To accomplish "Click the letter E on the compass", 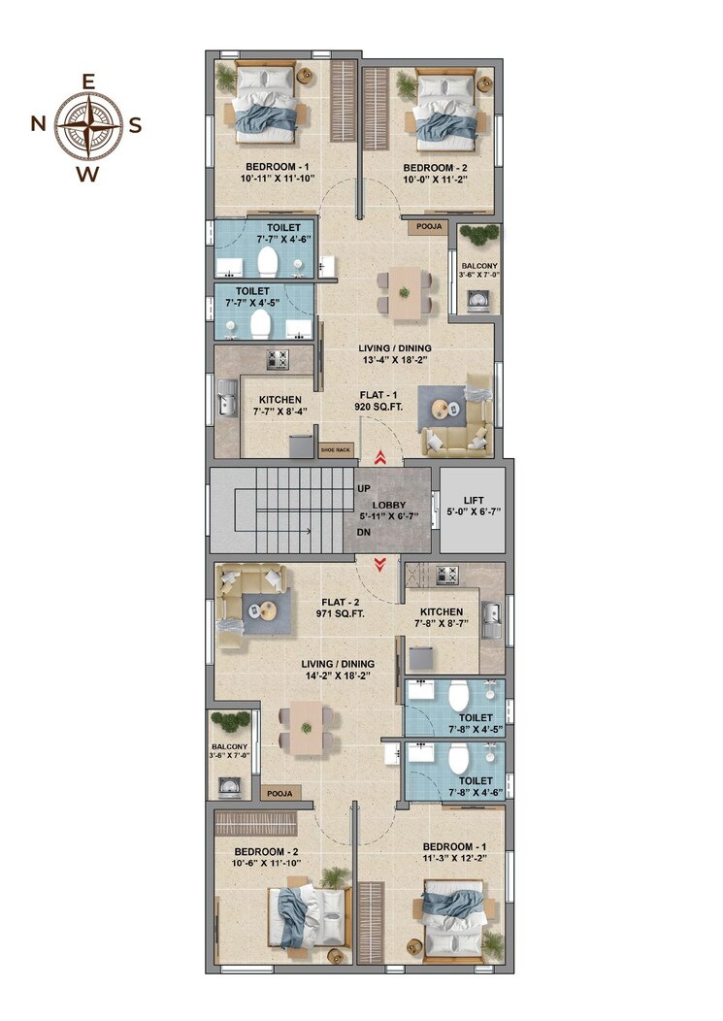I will pyautogui.click(x=88, y=82).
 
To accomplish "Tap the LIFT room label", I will pyautogui.click(x=473, y=501).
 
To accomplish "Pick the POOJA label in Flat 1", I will pyautogui.click(x=429, y=227).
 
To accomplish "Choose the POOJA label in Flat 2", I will pyautogui.click(x=279, y=793).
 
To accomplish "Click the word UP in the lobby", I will pyautogui.click(x=364, y=488).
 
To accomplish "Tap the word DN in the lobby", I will pyautogui.click(x=364, y=533).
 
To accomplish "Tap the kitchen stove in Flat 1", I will pyautogui.click(x=277, y=358).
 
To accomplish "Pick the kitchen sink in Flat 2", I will pyautogui.click(x=491, y=616).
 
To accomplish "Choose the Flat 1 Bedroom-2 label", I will pyautogui.click(x=436, y=167).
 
